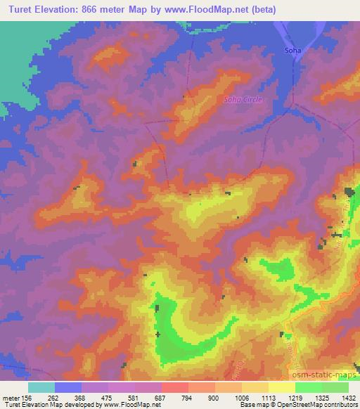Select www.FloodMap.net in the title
(201, 10)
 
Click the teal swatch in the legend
(41, 387)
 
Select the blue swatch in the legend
(68, 387)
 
